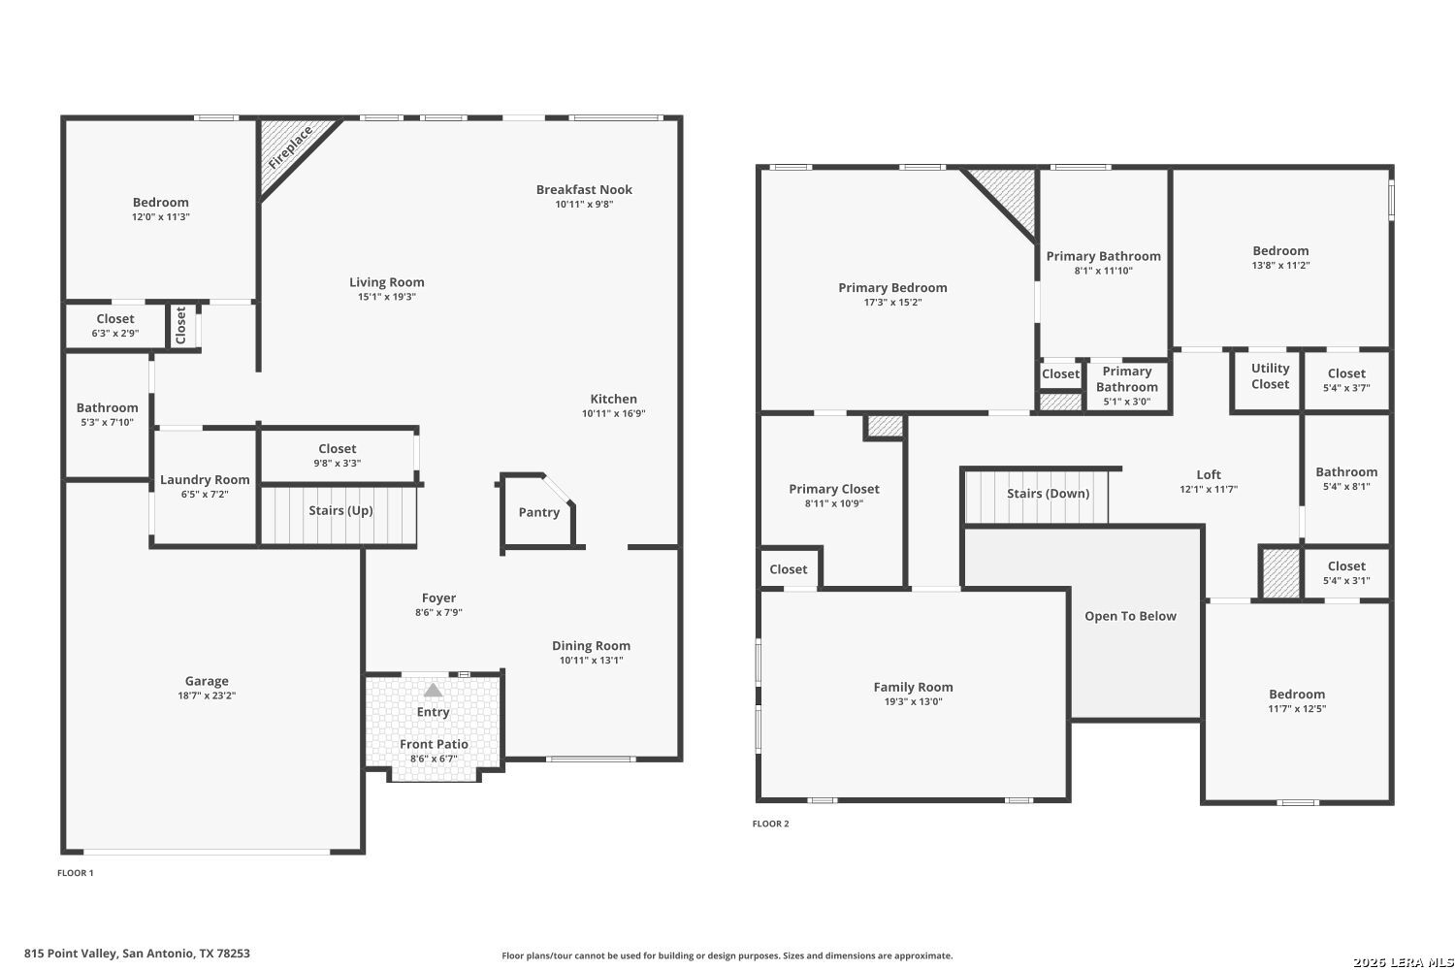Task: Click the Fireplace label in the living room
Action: coord(290,147)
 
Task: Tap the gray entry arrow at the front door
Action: coord(434,690)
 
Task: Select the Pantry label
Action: coord(539,512)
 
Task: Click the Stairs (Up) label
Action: coord(340,510)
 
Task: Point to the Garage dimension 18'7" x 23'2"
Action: coord(207,695)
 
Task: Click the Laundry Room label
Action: coord(205,479)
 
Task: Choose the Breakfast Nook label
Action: coord(584,190)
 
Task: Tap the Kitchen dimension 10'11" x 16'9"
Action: coord(614,413)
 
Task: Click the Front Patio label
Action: coord(434,744)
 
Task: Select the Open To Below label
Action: coord(1130,616)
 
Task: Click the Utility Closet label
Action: coord(1271,376)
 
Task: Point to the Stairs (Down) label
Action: coord(1049,493)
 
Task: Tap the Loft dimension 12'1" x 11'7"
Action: coord(1209,489)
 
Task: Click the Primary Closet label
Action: coord(834,489)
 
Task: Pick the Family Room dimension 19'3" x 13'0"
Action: coord(914,701)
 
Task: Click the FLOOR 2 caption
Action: coord(770,824)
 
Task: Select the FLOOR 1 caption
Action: coord(76,873)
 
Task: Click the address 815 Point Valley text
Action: coord(71,954)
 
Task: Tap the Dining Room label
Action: coord(591,646)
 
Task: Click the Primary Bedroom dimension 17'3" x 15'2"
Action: coord(892,302)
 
